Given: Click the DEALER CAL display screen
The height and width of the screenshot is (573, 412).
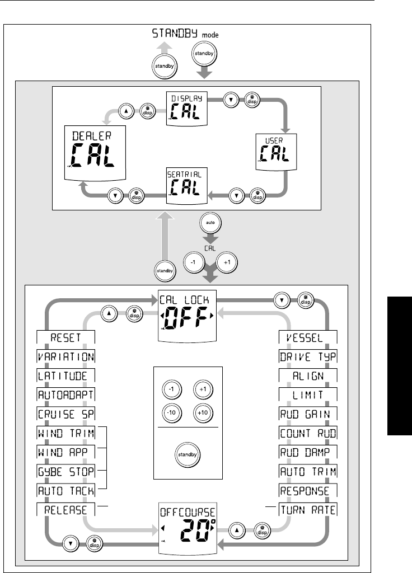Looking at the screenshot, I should click(94, 151).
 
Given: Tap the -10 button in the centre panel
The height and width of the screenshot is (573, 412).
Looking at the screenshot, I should click(171, 412).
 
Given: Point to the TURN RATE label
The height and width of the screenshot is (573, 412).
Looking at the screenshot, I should click(308, 510).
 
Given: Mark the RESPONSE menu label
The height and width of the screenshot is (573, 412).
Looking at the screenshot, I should click(308, 491).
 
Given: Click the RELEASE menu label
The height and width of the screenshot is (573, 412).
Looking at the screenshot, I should click(65, 510).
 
